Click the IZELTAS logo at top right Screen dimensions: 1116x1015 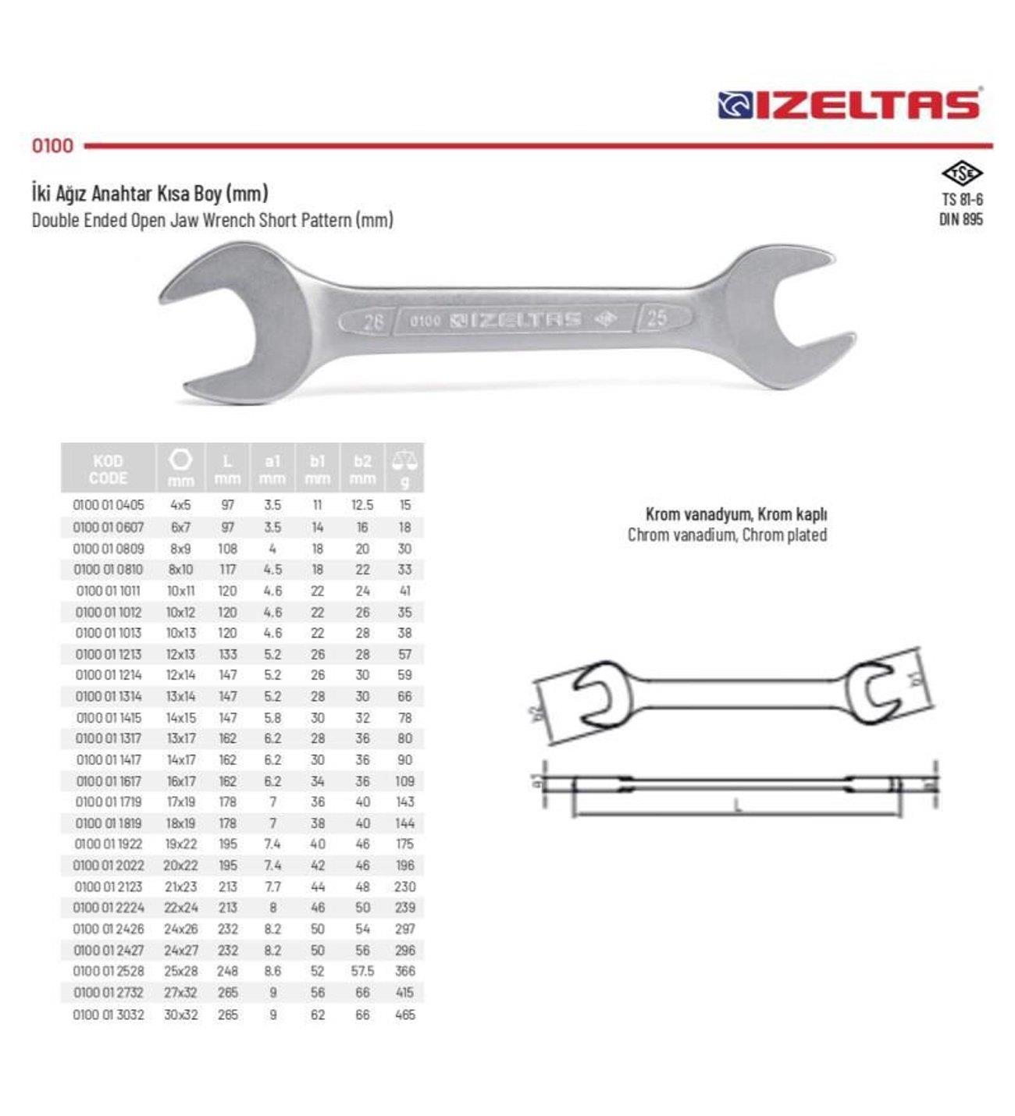click(849, 105)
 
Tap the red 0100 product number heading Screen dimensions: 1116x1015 click(52, 146)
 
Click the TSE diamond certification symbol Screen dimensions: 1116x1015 click(961, 172)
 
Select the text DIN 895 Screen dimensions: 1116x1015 click(960, 219)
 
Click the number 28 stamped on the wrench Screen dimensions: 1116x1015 click(373, 321)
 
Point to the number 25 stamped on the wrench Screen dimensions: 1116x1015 click(656, 318)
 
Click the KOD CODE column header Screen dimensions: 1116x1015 click(108, 469)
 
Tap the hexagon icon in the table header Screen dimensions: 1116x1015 click(180, 460)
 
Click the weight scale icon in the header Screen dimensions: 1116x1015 click(404, 460)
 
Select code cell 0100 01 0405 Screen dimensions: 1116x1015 click(109, 505)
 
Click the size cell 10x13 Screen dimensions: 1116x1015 click(180, 633)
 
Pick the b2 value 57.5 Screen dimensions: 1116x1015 click(362, 972)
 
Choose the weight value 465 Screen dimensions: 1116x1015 click(404, 1015)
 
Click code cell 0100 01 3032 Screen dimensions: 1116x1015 click(109, 1015)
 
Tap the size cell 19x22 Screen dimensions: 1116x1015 click(180, 844)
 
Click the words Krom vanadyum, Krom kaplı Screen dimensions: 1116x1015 click(735, 514)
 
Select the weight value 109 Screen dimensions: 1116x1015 click(404, 781)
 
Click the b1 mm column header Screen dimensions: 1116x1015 click(317, 469)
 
